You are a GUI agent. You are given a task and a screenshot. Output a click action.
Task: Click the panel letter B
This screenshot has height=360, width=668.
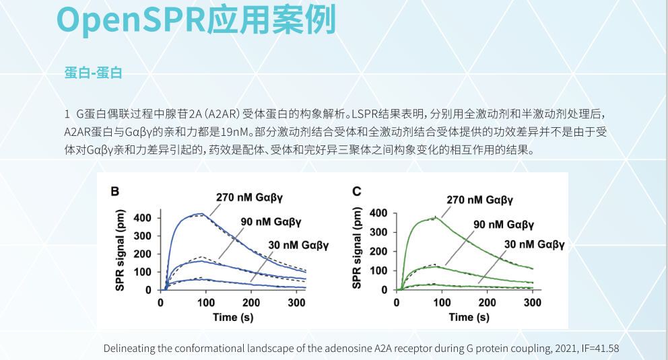click(115, 192)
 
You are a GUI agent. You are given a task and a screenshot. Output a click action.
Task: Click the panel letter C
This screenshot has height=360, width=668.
click(357, 192)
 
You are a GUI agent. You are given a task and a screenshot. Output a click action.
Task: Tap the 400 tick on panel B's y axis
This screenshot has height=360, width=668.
click(143, 218)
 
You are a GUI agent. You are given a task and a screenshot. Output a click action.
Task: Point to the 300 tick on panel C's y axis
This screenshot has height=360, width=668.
click(378, 232)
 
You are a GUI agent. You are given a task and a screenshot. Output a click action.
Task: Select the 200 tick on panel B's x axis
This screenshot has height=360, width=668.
click(252, 303)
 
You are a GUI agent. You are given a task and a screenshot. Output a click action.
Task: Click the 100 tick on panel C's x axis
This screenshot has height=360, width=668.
click(442, 303)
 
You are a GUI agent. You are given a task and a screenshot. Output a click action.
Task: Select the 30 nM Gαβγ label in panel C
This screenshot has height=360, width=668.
click(534, 244)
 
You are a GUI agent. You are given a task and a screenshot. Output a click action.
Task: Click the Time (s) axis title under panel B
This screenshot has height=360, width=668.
click(233, 317)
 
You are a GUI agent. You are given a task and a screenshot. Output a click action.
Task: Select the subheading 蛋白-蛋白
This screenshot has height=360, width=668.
click(94, 73)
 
